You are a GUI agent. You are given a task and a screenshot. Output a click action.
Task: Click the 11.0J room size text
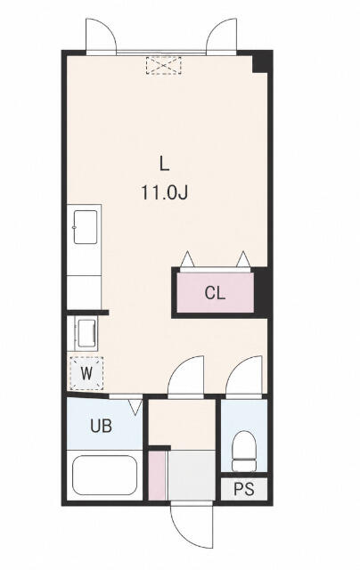(164, 192)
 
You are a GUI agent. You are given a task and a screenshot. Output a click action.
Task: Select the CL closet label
(215, 293)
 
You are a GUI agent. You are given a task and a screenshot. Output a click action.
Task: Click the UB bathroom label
(101, 426)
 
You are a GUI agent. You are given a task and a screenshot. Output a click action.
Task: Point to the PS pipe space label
(244, 489)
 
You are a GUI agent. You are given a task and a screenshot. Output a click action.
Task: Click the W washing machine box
(86, 373)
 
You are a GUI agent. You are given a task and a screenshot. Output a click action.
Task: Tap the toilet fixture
(244, 452)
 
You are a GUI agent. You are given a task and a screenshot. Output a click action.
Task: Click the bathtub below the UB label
(105, 475)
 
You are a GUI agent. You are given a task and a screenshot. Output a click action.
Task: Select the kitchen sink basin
(86, 227)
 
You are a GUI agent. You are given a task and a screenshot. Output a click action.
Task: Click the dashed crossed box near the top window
(164, 65)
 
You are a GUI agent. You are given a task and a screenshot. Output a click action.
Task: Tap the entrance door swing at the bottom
(192, 525)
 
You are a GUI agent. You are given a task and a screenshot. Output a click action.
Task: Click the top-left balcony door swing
(101, 36)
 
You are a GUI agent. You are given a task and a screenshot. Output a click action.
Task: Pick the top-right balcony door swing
(222, 36)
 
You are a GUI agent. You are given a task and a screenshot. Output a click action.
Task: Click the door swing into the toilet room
(244, 375)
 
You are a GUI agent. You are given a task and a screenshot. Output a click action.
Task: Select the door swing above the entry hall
(186, 375)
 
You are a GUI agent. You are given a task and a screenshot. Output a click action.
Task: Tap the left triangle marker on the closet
(188, 259)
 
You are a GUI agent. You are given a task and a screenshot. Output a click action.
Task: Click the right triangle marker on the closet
(243, 259)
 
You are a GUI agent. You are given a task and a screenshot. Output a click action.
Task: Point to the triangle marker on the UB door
(135, 407)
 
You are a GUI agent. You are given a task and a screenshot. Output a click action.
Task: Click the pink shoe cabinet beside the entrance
(157, 476)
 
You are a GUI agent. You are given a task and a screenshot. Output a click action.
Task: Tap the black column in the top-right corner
(261, 62)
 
